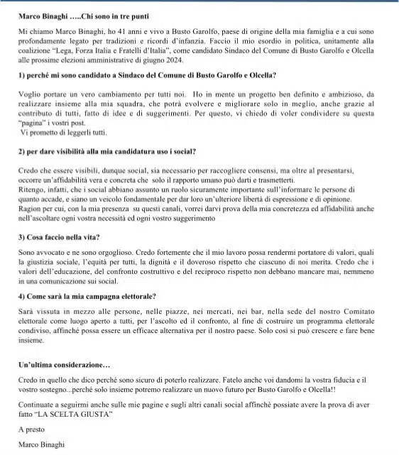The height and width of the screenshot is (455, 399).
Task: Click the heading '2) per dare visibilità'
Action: (106, 151)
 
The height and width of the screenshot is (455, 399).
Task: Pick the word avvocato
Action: (50, 253)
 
